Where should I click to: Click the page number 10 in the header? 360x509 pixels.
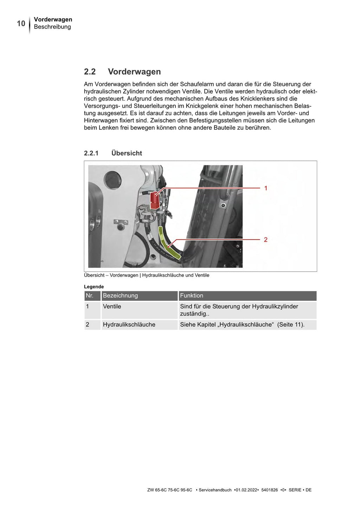(x=21, y=24)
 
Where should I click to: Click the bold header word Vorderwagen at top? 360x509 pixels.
(x=53, y=20)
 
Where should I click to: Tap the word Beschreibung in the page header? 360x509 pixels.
(x=52, y=27)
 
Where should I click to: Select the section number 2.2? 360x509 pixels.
(x=90, y=72)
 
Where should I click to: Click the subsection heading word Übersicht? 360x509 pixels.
(x=127, y=153)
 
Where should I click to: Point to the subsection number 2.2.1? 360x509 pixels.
(x=91, y=153)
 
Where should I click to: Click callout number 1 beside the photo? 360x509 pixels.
(x=266, y=188)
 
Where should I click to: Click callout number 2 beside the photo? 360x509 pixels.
(x=266, y=240)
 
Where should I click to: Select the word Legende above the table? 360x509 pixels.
(x=94, y=287)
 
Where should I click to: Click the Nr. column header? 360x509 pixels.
(x=90, y=296)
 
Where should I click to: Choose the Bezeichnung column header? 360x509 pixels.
(x=120, y=296)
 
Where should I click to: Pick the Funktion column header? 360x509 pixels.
(x=192, y=296)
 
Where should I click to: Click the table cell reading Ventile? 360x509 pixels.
(x=112, y=307)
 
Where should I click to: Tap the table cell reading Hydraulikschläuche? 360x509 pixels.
(x=129, y=325)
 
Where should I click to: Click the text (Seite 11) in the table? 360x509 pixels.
(x=291, y=325)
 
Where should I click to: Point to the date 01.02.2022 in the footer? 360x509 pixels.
(x=246, y=490)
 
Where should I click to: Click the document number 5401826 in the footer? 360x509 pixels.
(x=270, y=490)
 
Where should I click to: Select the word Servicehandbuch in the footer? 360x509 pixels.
(x=215, y=490)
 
